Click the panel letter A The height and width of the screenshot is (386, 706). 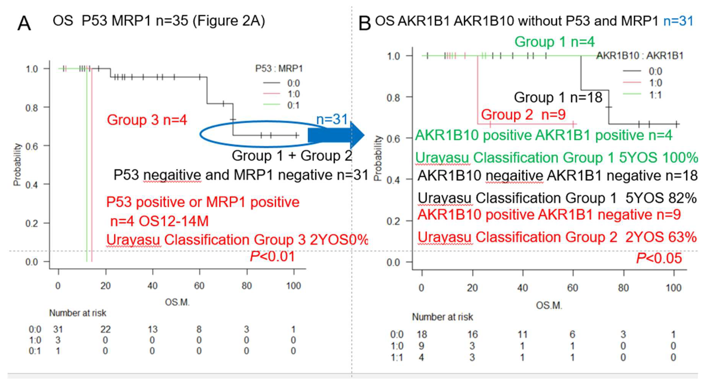click(x=24, y=24)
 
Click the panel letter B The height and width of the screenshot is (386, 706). click(x=365, y=24)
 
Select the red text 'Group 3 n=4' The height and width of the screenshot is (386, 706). click(x=147, y=120)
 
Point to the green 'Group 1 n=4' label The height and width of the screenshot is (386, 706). click(x=554, y=42)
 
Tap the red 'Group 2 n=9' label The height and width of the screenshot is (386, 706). click(x=523, y=114)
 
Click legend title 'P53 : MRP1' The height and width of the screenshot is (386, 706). click(x=279, y=69)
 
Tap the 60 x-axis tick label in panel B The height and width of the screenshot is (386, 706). click(x=572, y=288)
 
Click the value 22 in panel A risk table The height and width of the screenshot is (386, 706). click(x=105, y=329)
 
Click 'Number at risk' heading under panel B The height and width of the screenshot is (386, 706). click(x=442, y=317)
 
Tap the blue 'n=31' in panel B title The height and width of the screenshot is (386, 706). click(x=678, y=21)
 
